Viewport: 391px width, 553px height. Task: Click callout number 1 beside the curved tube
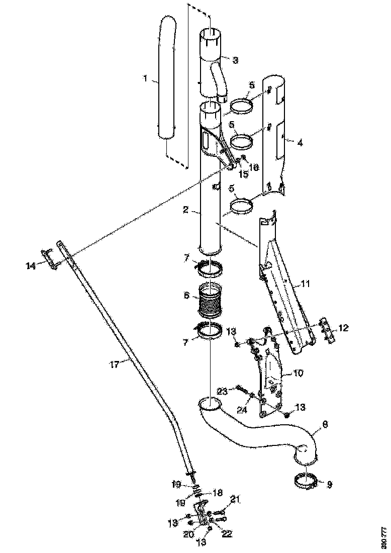145,79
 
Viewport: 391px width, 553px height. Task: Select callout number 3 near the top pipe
235,60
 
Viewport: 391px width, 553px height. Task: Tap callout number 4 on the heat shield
300,143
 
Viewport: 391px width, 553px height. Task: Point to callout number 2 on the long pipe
185,210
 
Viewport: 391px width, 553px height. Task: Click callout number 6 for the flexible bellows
187,297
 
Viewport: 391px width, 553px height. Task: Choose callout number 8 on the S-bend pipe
325,425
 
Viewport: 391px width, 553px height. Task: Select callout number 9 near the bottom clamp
330,485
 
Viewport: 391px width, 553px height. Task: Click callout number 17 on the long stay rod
114,364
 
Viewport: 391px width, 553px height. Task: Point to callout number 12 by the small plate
343,328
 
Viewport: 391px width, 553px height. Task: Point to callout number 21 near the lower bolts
236,499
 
